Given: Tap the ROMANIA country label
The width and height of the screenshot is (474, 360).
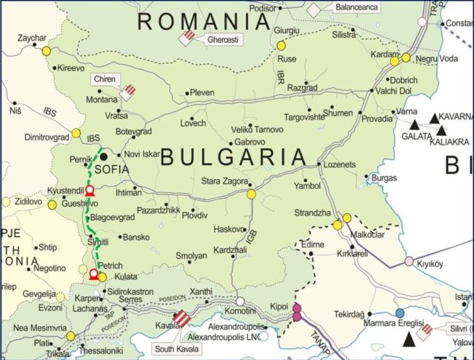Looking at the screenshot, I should [204, 21].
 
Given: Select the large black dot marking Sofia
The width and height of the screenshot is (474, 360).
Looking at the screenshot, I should [104, 156].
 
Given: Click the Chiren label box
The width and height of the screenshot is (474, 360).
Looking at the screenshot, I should [105, 79].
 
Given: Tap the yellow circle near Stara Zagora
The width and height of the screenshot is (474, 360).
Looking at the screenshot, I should [251, 194].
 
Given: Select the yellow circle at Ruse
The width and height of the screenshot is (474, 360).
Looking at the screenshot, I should [281, 46].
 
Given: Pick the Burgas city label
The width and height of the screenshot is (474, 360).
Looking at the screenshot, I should [385, 178].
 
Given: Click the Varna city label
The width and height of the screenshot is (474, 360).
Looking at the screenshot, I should [407, 111].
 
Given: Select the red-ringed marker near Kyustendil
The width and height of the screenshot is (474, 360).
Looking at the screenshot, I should [90, 191].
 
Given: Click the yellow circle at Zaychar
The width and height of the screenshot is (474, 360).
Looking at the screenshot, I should [47, 51].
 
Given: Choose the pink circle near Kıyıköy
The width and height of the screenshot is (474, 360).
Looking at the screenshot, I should [409, 261].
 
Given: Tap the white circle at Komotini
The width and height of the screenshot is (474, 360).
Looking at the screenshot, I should [240, 301].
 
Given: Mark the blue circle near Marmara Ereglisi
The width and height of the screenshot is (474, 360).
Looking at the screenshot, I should [400, 313].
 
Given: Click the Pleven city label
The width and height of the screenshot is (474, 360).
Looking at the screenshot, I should [202, 93].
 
